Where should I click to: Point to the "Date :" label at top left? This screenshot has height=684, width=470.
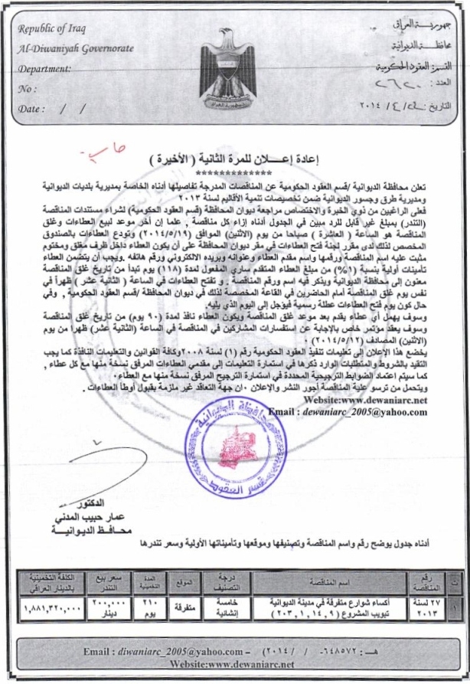coord(29,109)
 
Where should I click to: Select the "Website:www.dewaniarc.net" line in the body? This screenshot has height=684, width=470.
coord(352,399)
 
